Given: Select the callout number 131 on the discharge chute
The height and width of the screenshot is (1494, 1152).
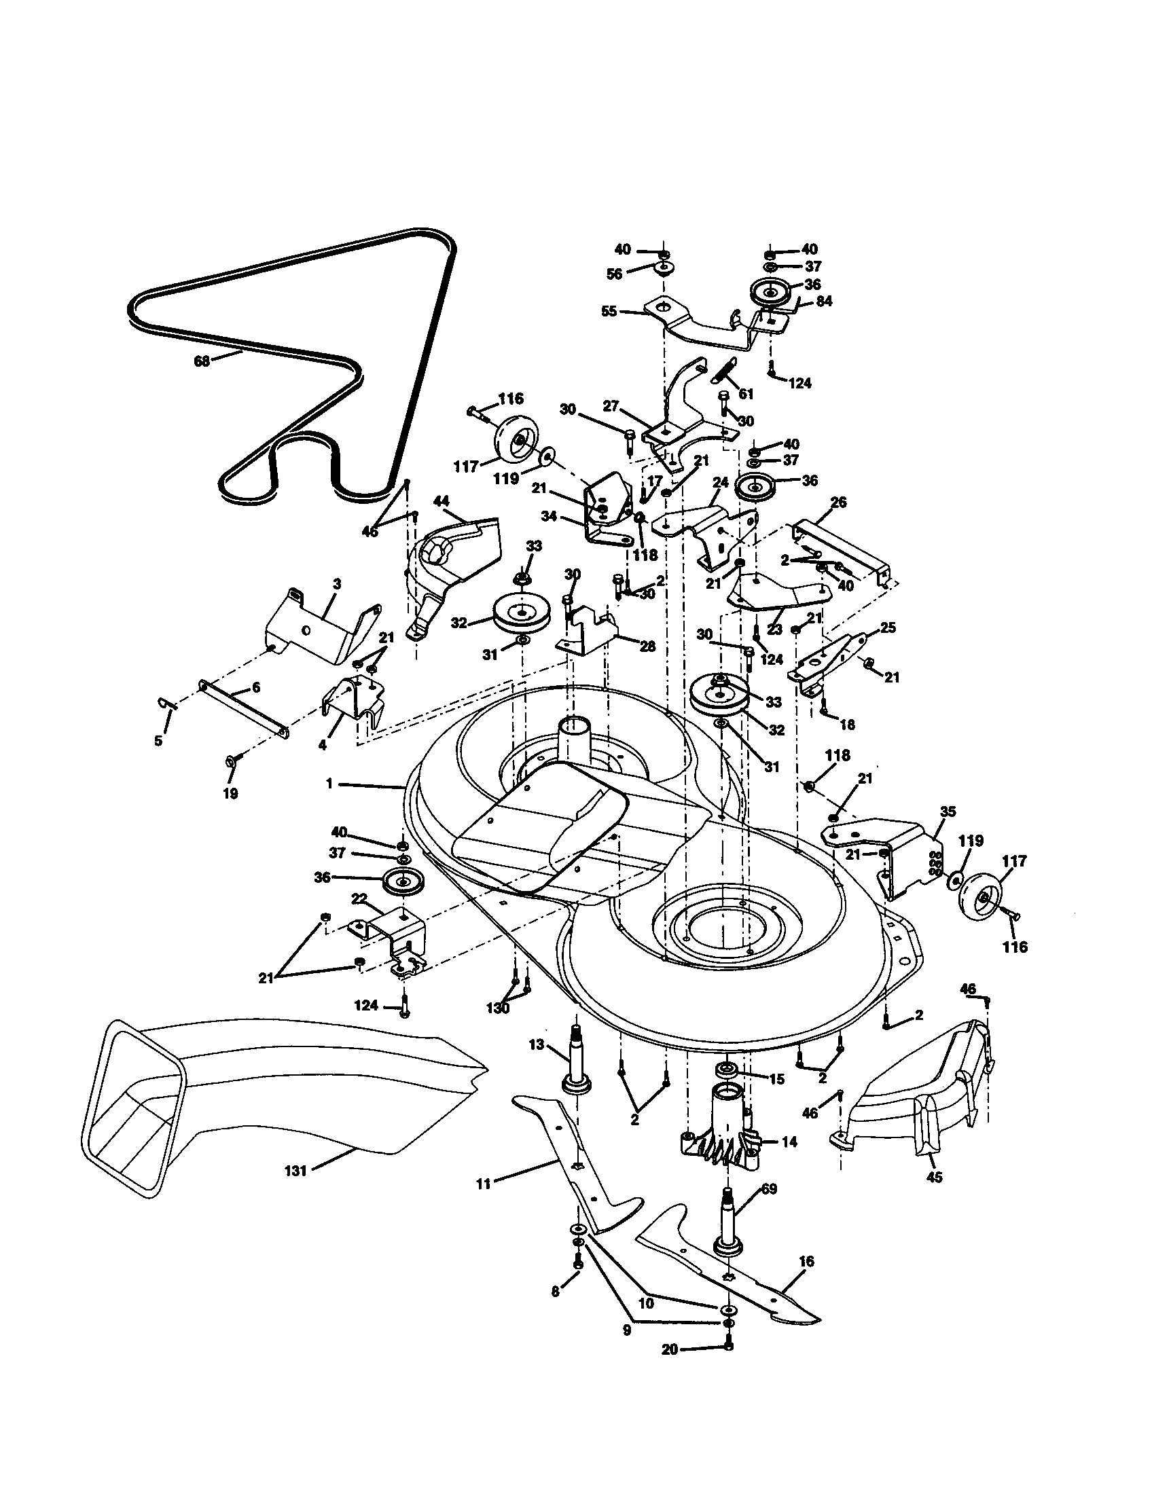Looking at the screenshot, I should pyautogui.click(x=296, y=1171).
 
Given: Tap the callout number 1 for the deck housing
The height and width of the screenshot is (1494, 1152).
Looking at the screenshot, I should pyautogui.click(x=329, y=784).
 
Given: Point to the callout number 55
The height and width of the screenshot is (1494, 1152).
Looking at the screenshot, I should pyautogui.click(x=608, y=311).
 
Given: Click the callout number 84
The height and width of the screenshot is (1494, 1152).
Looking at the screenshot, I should pyautogui.click(x=825, y=301).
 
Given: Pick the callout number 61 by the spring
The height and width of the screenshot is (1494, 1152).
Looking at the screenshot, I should pyautogui.click(x=746, y=394).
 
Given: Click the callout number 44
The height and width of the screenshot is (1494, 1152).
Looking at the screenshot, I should pyautogui.click(x=442, y=501).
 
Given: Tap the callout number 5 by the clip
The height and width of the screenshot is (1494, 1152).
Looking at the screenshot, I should pyautogui.click(x=159, y=740).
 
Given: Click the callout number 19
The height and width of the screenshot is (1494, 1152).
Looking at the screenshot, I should pyautogui.click(x=230, y=793).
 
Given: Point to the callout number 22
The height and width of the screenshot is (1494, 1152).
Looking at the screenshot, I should pyautogui.click(x=359, y=898).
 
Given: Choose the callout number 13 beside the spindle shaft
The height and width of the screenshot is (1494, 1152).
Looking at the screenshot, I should pyautogui.click(x=537, y=1063).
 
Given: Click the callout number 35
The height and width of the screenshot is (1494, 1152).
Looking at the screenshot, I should pyautogui.click(x=948, y=812).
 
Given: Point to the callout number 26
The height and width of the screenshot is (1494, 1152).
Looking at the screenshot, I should pyautogui.click(x=838, y=503).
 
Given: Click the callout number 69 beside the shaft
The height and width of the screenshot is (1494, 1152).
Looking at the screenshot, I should pyautogui.click(x=769, y=1190).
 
